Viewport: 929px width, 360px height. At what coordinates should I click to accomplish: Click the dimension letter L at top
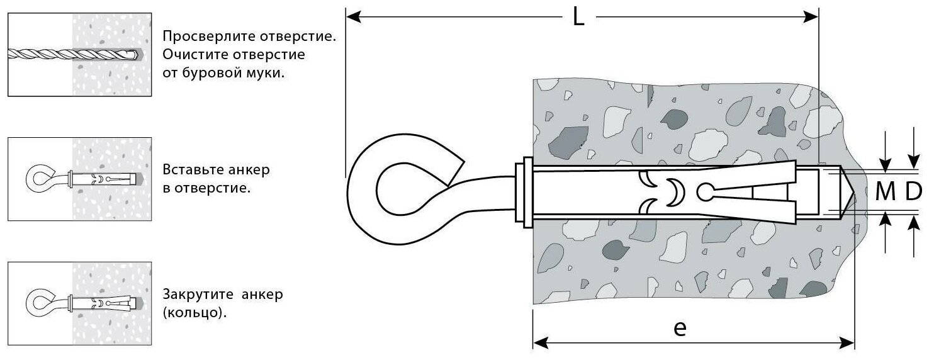[578, 17]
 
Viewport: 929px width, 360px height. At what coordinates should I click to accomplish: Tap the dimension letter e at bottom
[678, 329]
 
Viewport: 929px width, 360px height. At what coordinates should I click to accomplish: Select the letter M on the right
[886, 193]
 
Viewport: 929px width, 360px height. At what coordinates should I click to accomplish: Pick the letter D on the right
[913, 193]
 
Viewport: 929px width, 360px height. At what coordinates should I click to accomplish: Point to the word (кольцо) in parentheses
[194, 313]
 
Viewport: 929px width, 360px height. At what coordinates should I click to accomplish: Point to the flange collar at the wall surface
[522, 193]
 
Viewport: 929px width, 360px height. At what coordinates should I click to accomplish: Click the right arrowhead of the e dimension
[848, 343]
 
